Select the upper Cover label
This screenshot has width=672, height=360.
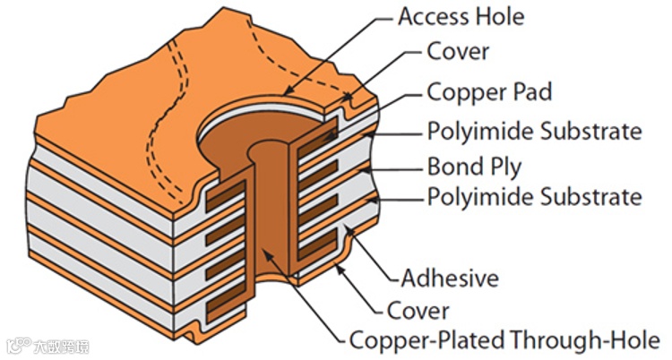click(x=458, y=51)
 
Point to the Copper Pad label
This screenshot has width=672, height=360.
click(x=489, y=91)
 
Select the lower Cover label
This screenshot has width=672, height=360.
click(x=418, y=311)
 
